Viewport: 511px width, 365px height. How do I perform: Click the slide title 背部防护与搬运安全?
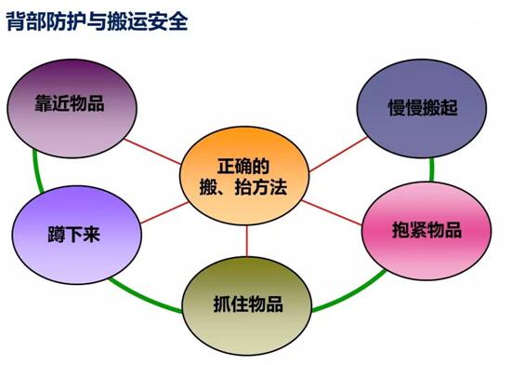point(98,20)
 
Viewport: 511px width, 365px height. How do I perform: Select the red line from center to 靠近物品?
point(153,144)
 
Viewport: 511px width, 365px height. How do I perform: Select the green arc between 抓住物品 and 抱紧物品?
point(348,298)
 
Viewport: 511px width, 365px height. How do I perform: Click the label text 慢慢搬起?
point(423,104)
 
